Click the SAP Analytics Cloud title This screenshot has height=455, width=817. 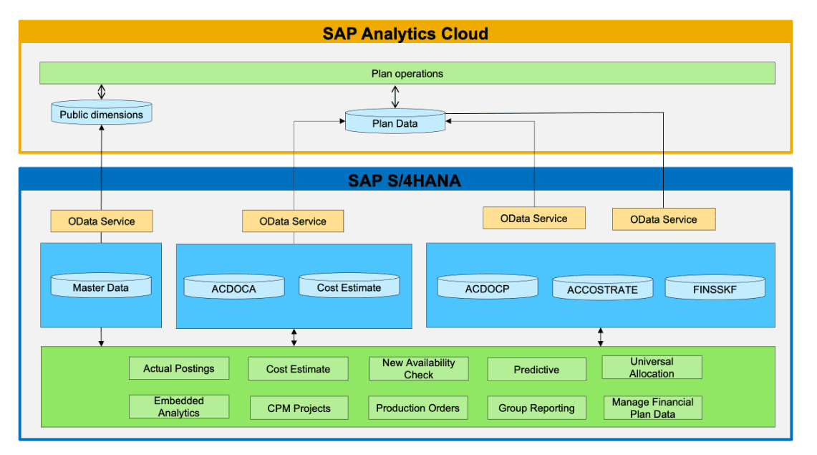coord(405,33)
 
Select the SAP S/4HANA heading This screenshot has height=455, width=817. coord(405,181)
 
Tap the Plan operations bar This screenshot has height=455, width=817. coord(407,73)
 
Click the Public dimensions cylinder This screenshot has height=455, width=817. coord(101,114)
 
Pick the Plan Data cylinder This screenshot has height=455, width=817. coord(395,123)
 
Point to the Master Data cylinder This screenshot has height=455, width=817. coord(101,287)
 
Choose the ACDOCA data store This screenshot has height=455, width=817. coord(234,288)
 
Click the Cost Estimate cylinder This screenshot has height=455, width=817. coord(349,287)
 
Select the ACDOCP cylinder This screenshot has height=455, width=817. coord(487,288)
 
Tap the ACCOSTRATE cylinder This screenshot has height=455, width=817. coord(602,289)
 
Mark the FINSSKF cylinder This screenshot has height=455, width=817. coord(715,289)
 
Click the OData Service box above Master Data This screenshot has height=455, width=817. coord(101,221)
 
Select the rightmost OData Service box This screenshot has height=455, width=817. coord(663,219)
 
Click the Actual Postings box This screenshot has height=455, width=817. coord(179,368)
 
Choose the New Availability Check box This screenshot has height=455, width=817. coord(418,368)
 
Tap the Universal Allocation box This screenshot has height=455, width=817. coord(652,368)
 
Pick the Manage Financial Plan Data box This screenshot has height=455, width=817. coord(652,408)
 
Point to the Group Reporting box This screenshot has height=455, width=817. coord(536,408)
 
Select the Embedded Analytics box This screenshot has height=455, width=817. coord(179,407)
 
